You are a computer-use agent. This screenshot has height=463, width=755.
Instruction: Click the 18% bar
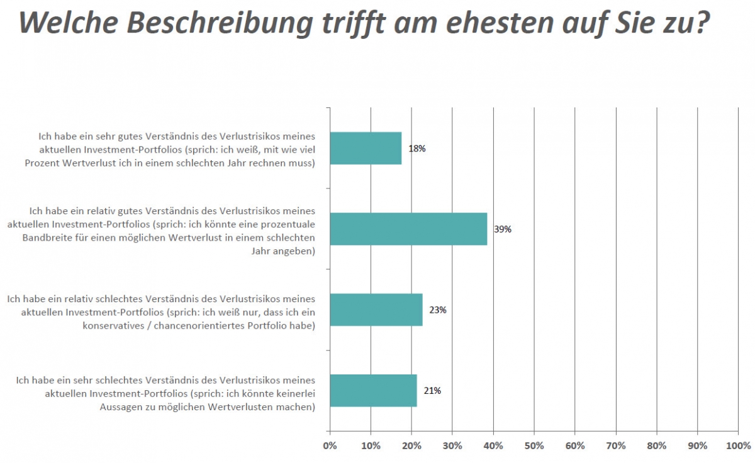pos(366,148)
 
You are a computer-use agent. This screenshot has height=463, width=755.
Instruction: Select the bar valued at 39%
pos(408,229)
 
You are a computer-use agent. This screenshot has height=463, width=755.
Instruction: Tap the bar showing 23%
pos(376,310)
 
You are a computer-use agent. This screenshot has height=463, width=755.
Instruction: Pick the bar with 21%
pos(373,390)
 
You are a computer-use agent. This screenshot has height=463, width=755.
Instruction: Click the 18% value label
pos(417,149)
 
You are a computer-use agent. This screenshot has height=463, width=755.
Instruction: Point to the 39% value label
pos(503,229)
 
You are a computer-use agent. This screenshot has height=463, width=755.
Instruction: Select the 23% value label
pos(438,310)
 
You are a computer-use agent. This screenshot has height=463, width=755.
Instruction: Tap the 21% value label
pos(432,391)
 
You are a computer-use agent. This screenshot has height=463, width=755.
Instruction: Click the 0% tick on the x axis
pos(330,446)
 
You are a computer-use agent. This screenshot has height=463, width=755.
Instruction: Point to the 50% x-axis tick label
pos(534,446)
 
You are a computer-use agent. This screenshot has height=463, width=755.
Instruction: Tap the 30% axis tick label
pos(452,446)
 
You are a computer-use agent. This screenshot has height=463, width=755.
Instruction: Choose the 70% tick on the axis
pos(616,446)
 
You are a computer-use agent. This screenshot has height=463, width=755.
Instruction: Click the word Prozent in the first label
pos(42,163)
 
